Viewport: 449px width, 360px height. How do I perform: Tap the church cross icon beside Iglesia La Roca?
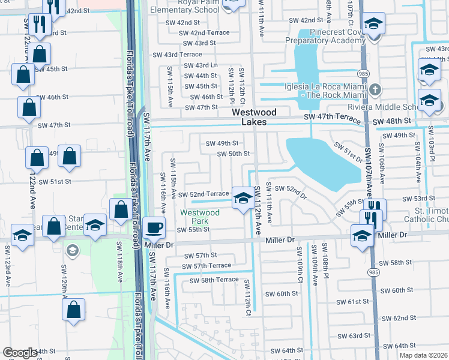pos(375,90)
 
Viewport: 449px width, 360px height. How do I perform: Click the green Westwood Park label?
pos(200,217)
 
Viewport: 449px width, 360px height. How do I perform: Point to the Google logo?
pos(20,353)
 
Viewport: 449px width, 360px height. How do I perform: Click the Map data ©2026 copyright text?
pos(424,355)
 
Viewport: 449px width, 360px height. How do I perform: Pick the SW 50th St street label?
pos(234,154)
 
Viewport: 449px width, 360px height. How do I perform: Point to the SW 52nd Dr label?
pos(292,193)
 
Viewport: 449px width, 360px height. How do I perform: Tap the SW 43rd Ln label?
pos(200,65)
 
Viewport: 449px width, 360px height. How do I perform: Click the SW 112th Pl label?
pos(231,84)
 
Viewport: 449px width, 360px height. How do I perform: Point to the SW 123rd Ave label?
pos(8,270)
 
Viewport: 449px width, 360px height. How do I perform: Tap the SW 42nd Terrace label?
pos(204,33)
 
